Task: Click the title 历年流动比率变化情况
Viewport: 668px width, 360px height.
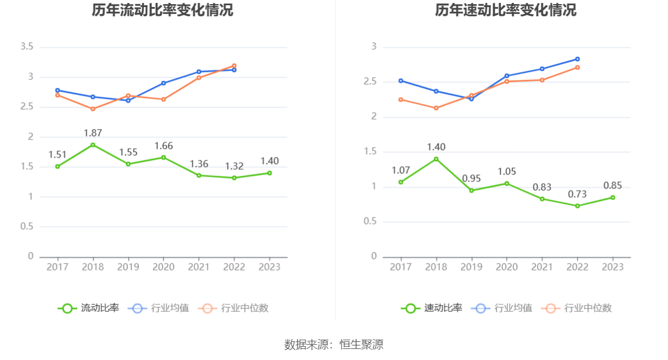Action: pyautogui.click(x=162, y=10)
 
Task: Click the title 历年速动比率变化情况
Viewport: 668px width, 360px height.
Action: pyautogui.click(x=506, y=10)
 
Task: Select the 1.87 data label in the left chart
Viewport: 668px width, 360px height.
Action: pyautogui.click(x=93, y=133)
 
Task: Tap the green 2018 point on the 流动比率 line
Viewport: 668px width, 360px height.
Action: pyautogui.click(x=93, y=145)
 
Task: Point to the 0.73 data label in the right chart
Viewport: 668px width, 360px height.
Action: pyautogui.click(x=577, y=194)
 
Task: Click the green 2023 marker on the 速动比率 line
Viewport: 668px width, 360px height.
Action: pyautogui.click(x=613, y=197)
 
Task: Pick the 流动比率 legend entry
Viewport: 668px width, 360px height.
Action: pyautogui.click(x=88, y=308)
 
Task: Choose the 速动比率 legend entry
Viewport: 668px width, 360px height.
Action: pyautogui.click(x=432, y=308)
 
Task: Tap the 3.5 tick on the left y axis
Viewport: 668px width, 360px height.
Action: pyautogui.click(x=27, y=47)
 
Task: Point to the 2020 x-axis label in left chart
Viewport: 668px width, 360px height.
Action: pyautogui.click(x=163, y=267)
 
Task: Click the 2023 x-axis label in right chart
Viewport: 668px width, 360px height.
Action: pyautogui.click(x=613, y=267)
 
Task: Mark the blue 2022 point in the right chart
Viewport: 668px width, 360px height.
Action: pyautogui.click(x=577, y=59)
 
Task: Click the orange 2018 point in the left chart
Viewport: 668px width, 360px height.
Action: pyautogui.click(x=93, y=109)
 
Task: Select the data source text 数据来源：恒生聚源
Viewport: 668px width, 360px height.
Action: pyautogui.click(x=334, y=344)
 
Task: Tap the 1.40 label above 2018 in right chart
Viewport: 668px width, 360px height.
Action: pyautogui.click(x=436, y=147)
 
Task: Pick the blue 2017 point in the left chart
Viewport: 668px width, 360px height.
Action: pyautogui.click(x=57, y=90)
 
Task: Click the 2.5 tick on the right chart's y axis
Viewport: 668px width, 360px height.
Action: pyautogui.click(x=370, y=82)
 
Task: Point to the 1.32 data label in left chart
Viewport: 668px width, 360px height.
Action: pyautogui.click(x=234, y=166)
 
